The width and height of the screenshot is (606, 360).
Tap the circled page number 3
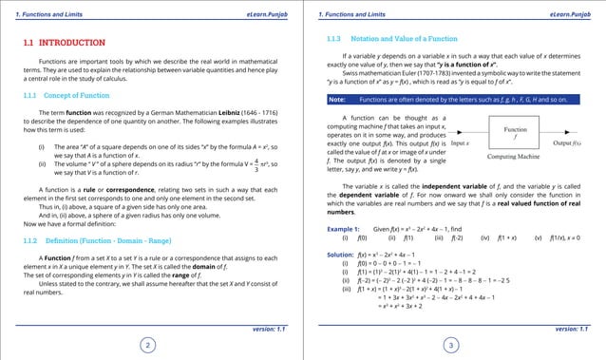tap(452, 345)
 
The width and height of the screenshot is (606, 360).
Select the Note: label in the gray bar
tap(337, 99)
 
